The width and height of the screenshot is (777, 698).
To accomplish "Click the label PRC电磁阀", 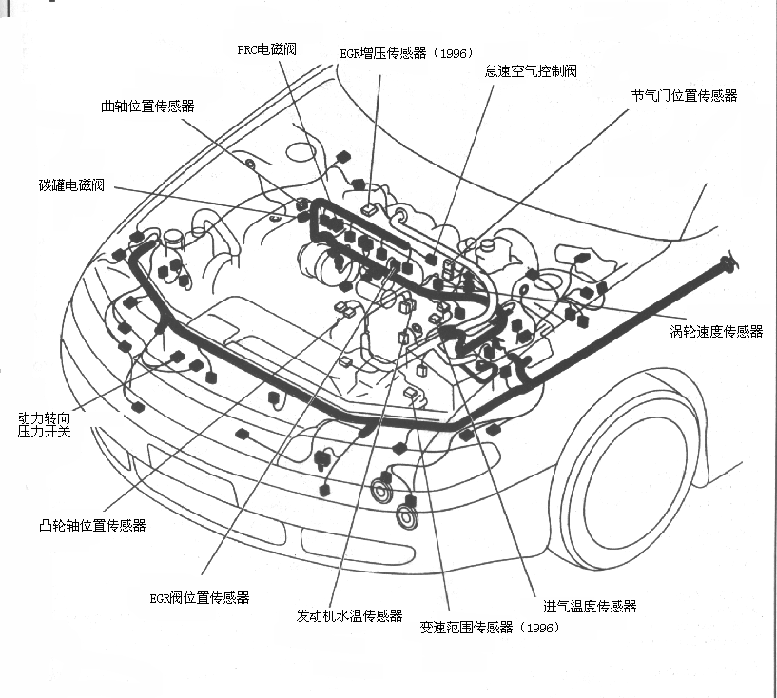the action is click(266, 49).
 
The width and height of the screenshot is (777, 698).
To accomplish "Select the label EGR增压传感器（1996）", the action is click(406, 53).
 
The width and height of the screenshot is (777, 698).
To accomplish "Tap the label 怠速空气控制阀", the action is click(531, 71).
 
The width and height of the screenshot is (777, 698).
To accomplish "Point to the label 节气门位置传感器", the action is click(684, 96).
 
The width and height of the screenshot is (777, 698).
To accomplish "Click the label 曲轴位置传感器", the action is click(147, 107).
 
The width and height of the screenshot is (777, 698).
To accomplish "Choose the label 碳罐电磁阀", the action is click(72, 185).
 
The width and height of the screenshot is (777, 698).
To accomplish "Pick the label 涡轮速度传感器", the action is click(716, 332).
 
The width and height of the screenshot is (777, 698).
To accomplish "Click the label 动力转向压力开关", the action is click(44, 424).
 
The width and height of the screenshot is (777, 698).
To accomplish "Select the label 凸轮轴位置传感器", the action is click(92, 525).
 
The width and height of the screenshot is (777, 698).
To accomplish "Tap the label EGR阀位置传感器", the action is click(200, 598).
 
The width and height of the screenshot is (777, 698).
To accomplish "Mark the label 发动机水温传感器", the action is click(349, 616).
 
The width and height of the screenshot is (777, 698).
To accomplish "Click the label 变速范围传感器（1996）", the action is click(490, 628).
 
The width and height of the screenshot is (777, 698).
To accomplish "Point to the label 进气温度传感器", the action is click(590, 606).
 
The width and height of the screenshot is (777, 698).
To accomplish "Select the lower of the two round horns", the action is click(407, 516).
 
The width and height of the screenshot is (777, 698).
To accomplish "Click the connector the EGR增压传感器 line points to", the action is click(369, 210).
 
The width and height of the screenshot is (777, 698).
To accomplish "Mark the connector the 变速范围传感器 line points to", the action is click(411, 394).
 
